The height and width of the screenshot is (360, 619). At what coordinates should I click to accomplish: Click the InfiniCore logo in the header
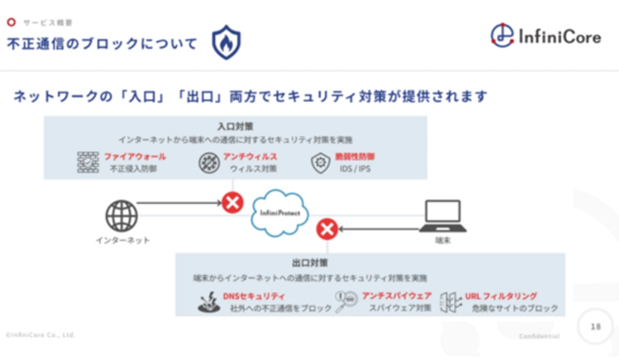click(x=545, y=37)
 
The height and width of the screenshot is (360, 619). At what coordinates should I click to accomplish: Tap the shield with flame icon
click(x=226, y=42)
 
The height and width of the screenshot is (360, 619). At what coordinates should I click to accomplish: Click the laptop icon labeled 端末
click(x=442, y=216)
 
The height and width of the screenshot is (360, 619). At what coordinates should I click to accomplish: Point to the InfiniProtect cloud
click(x=280, y=213)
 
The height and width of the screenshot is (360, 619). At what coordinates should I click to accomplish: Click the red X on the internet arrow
click(x=233, y=202)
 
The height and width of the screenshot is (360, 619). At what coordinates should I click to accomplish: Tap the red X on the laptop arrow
click(x=327, y=229)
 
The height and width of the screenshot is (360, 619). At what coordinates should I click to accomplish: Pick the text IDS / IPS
click(x=355, y=169)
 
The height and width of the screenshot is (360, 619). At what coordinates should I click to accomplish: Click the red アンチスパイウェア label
click(x=397, y=296)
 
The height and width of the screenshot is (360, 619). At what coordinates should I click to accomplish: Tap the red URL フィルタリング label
click(x=501, y=296)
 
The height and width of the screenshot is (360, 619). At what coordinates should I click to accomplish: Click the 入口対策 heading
click(x=235, y=127)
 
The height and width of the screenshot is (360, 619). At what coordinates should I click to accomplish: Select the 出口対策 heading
click(x=309, y=263)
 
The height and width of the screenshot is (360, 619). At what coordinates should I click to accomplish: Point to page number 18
click(x=595, y=327)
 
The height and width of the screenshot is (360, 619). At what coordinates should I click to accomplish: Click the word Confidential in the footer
click(x=539, y=336)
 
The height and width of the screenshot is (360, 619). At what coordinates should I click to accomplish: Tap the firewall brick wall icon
click(x=88, y=162)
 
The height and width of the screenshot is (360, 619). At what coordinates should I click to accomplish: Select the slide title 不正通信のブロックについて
click(x=102, y=44)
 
